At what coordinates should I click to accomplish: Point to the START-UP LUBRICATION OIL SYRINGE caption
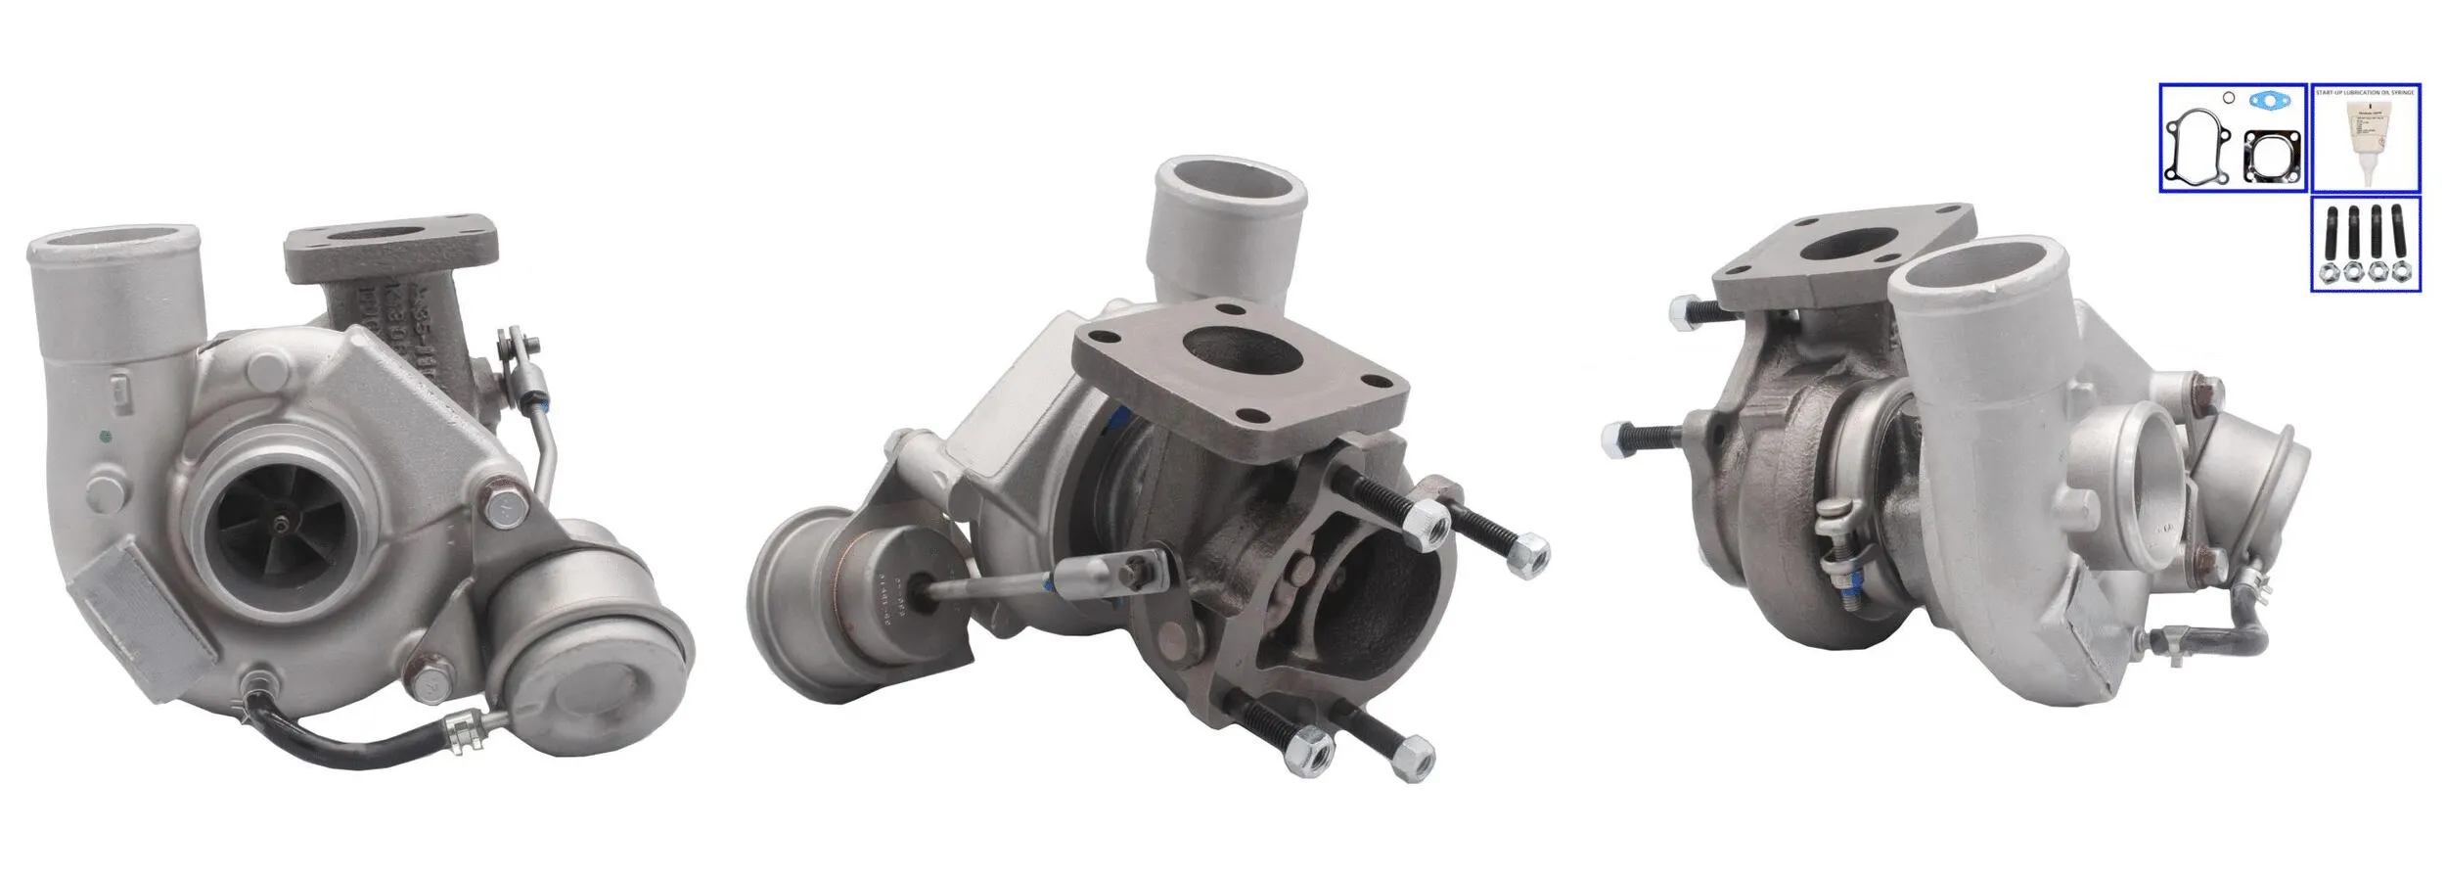tap(2364, 92)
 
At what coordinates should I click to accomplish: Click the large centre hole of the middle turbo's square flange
tap(1230, 350)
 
